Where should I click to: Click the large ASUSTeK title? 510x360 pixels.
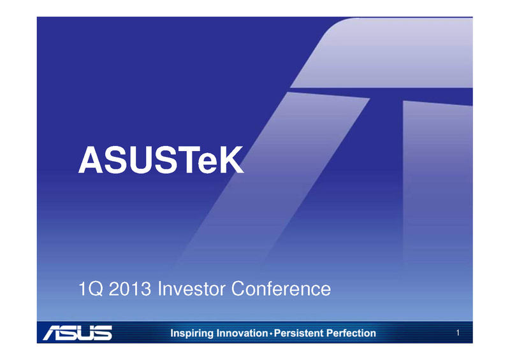tap(161, 160)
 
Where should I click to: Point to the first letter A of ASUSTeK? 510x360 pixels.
tap(91, 160)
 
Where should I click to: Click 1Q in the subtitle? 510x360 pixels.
tap(91, 289)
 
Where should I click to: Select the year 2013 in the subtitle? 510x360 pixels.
tap(130, 289)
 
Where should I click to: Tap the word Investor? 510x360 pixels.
tap(192, 289)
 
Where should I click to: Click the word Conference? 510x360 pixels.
tap(281, 289)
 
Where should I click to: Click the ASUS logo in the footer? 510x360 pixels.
tap(77, 333)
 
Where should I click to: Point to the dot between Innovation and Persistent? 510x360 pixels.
tap(271, 333)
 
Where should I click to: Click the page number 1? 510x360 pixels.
tap(458, 333)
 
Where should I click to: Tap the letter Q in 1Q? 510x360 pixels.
tap(96, 289)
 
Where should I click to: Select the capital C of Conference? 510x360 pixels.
tap(238, 289)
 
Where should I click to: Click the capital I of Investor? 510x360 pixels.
tap(159, 289)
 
